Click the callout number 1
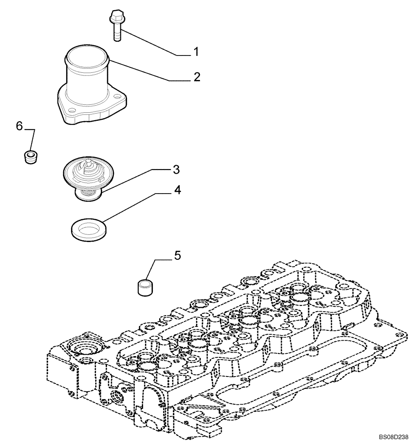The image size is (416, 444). [x=195, y=52]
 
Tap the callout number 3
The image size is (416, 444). [x=176, y=169]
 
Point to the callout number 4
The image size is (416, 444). [x=177, y=190]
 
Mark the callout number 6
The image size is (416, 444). [x=19, y=126]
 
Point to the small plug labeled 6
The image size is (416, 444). [x=30, y=157]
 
